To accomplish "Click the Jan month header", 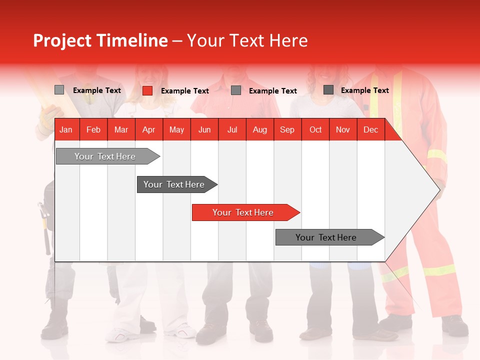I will coord(66,130).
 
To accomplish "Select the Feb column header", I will coord(93,130).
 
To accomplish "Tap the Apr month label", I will coord(148,130).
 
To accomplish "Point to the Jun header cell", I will coord(204,130).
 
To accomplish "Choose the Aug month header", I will coord(260,130).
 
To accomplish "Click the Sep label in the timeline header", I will coord(287,130).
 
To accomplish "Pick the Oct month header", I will coord(315,130).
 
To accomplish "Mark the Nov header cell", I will coord(343,130).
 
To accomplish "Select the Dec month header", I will coord(370,130).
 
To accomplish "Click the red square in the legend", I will coord(147,90).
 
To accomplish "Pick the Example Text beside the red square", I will coord(185,91).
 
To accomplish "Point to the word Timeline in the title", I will coord(132,40).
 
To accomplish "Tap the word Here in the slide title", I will coord(288,40).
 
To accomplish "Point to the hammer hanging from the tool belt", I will coord(45,225).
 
